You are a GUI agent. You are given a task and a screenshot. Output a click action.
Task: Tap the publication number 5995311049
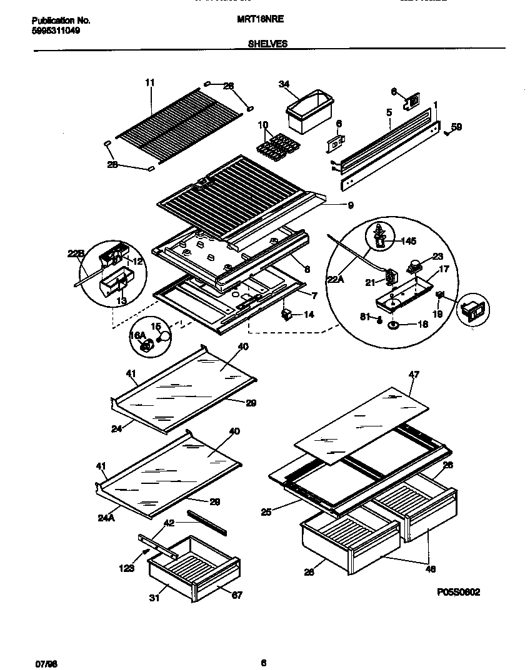(x=56, y=29)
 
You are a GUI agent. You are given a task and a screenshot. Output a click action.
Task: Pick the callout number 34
(x=284, y=84)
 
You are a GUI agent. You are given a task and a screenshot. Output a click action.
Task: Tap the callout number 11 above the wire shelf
(x=149, y=82)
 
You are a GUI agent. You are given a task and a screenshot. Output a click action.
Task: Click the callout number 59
(x=456, y=127)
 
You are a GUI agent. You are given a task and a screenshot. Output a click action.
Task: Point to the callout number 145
(x=408, y=241)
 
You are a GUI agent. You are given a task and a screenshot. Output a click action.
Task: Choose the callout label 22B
(x=75, y=253)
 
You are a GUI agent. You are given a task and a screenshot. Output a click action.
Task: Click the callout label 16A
(x=137, y=336)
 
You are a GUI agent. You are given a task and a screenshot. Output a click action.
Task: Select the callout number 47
(x=414, y=375)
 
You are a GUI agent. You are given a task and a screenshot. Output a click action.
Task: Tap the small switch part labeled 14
(x=288, y=314)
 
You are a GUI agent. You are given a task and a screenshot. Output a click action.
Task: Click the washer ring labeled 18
(x=394, y=325)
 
